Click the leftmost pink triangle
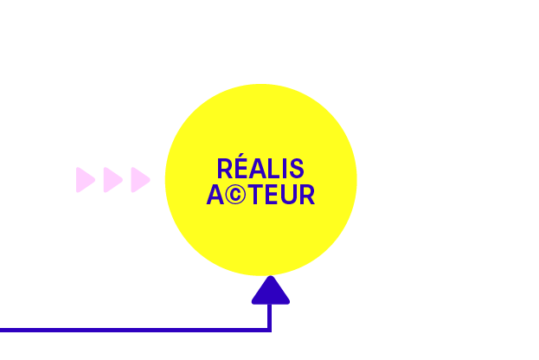[x=84, y=180]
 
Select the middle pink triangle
[x=112, y=180]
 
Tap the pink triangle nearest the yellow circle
[x=139, y=180]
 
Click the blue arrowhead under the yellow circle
[x=270, y=292]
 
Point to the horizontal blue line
[x=130, y=330]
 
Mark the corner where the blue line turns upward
[x=270, y=330]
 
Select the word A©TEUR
[x=260, y=195]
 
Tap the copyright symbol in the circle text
[x=236, y=196]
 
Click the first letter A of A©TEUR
[x=216, y=195]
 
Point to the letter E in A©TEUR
[x=271, y=195]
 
